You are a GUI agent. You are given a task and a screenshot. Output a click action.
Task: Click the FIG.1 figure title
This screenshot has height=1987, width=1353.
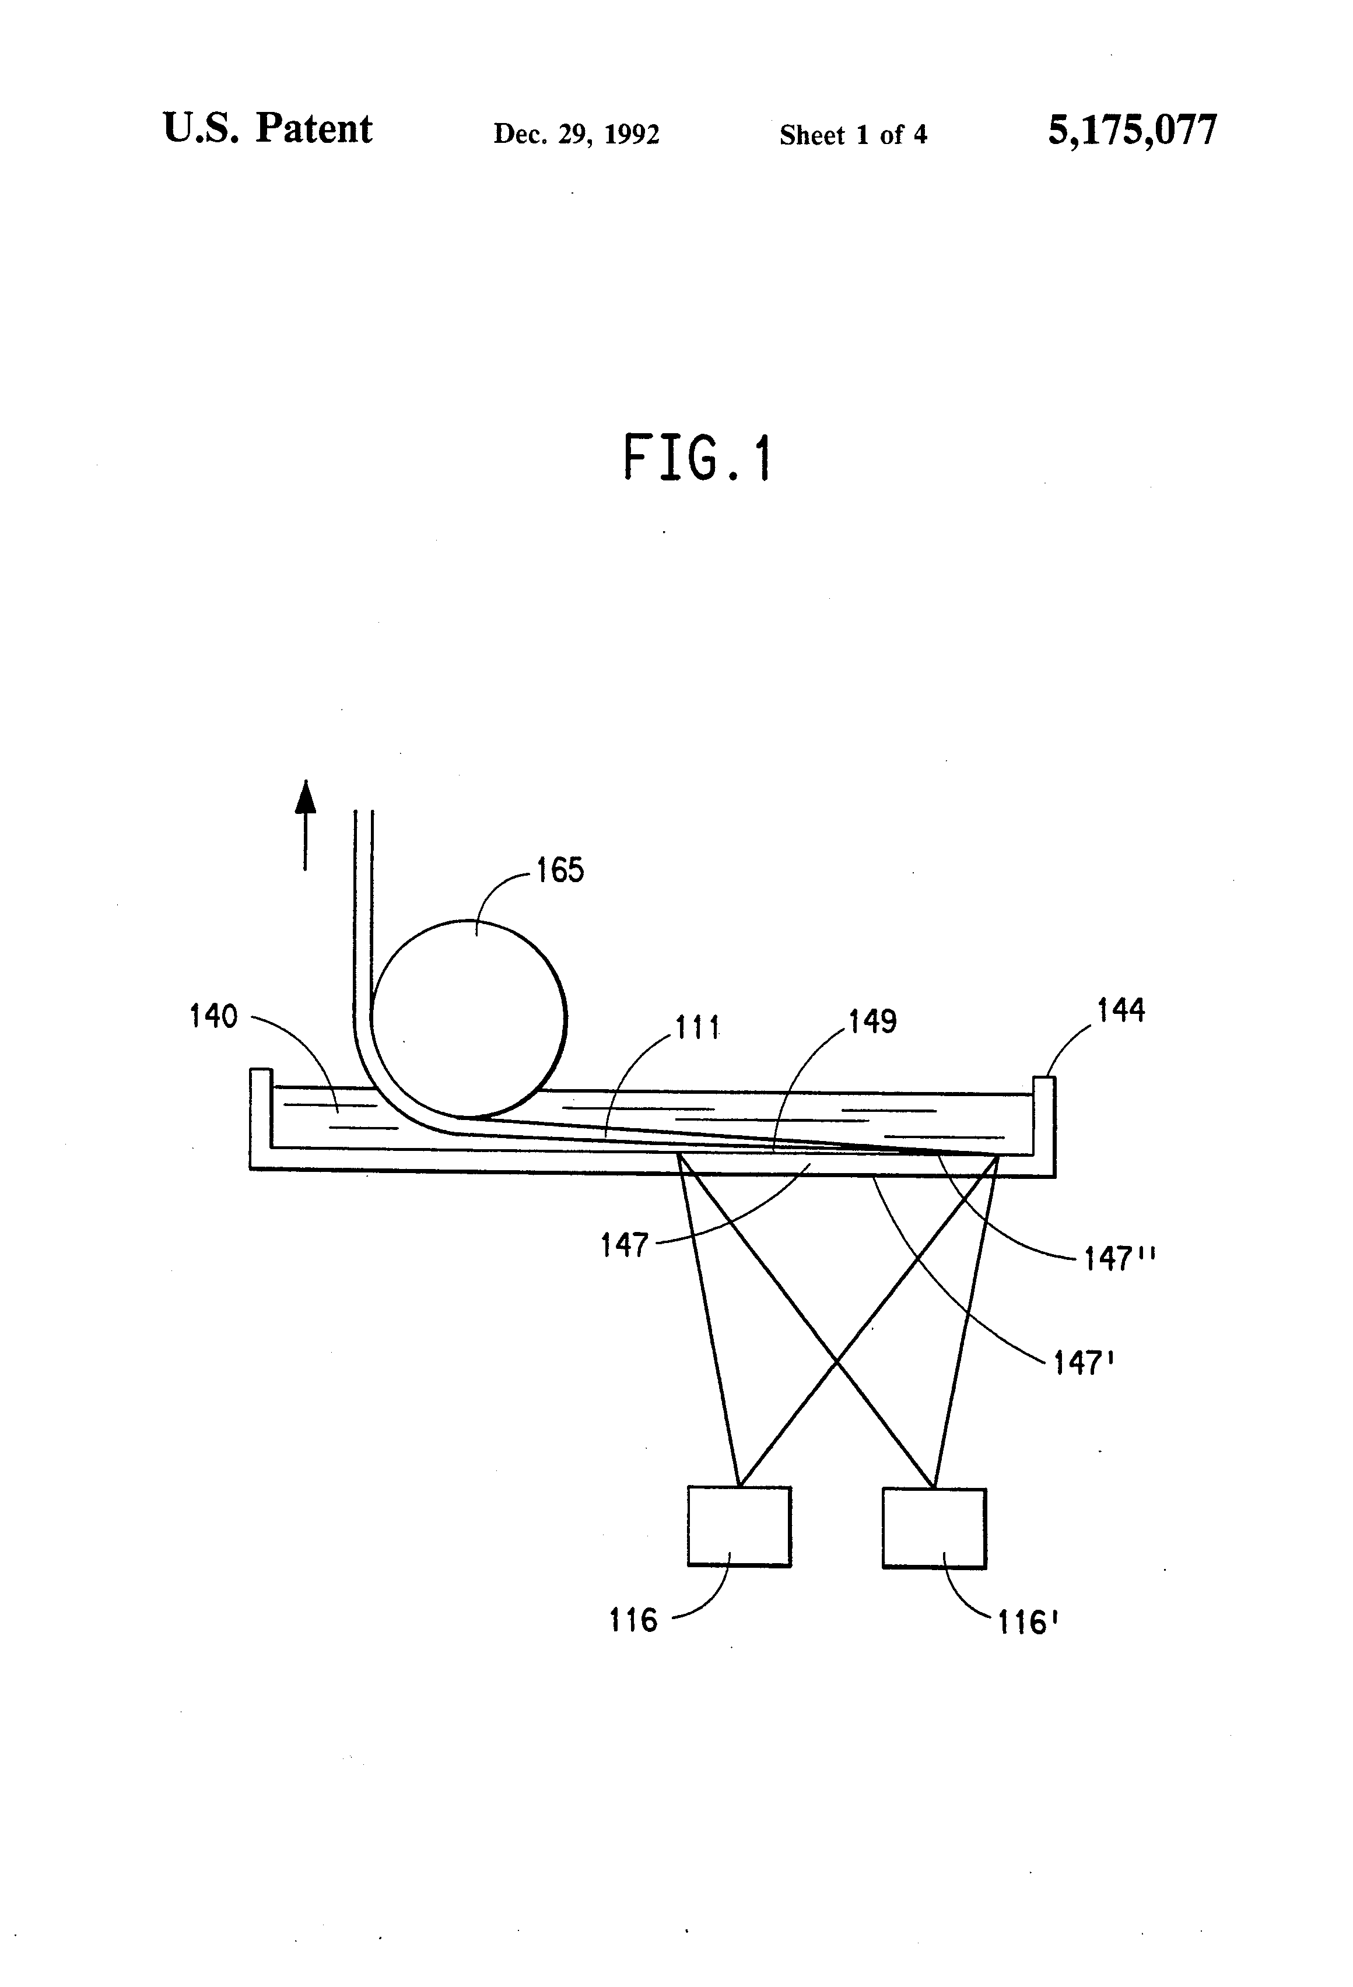(697, 458)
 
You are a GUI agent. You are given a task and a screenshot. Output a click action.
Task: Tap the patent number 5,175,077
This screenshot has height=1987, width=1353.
(1131, 131)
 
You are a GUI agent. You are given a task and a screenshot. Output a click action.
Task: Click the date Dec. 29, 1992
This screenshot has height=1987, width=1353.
(576, 134)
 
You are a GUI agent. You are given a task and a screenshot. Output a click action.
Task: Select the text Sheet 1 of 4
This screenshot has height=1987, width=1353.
(853, 134)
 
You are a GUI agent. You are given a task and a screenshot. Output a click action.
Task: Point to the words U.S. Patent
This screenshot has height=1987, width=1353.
(267, 129)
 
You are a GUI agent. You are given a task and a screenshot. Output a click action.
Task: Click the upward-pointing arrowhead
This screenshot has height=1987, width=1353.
(306, 797)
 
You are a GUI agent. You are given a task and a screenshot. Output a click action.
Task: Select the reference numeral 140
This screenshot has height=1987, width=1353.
(213, 1017)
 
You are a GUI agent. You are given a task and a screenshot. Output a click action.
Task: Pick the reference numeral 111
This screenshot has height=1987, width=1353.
(698, 1027)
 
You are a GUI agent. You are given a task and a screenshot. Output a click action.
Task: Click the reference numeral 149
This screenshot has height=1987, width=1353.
(872, 1021)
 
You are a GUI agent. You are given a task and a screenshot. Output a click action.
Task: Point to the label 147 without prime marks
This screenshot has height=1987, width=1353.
(625, 1246)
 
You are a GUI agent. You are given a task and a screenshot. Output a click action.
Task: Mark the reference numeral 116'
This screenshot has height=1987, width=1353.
(1028, 1622)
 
